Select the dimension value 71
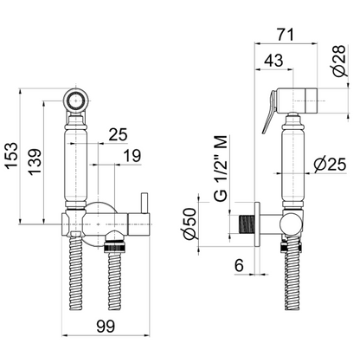pos(285,35)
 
